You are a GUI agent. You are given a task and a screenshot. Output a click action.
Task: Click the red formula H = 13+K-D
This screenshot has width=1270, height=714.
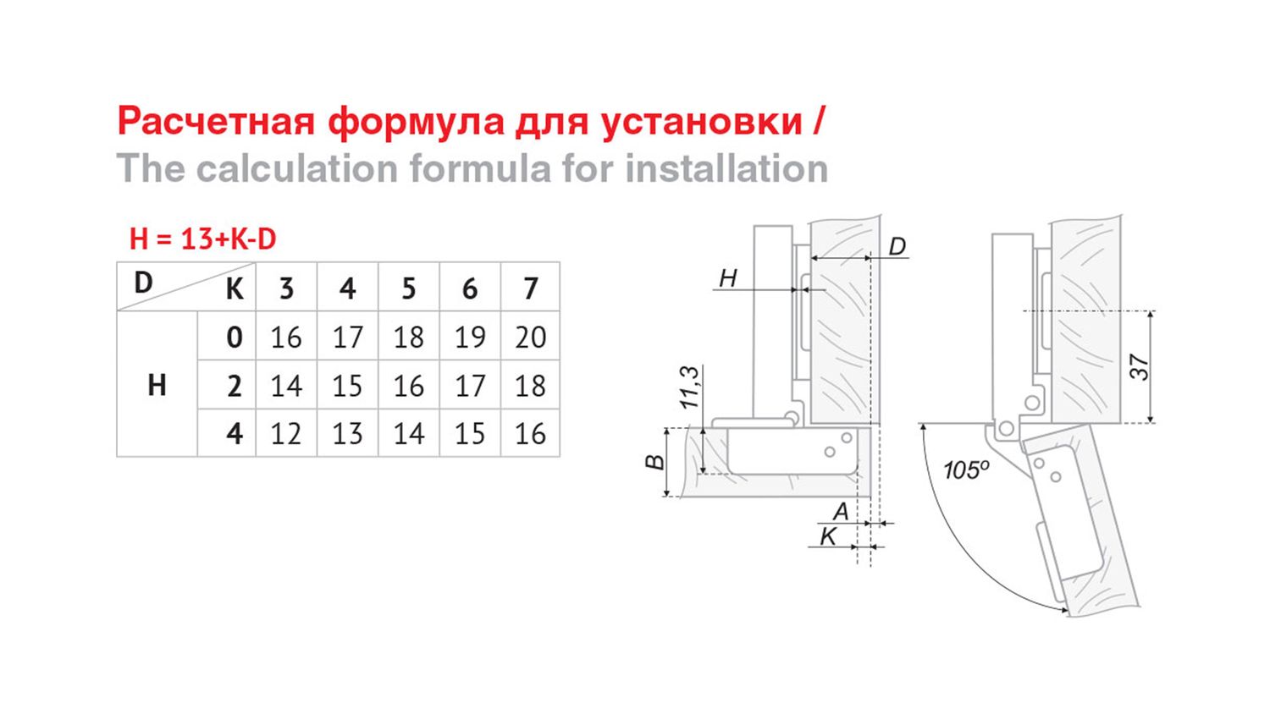(x=202, y=239)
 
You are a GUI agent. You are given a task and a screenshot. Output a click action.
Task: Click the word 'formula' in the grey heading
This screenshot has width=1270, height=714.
(x=480, y=169)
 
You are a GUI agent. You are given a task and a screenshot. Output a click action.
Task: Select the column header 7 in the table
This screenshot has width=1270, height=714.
(x=531, y=288)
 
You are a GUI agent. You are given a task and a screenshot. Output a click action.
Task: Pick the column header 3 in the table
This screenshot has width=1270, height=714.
(x=286, y=288)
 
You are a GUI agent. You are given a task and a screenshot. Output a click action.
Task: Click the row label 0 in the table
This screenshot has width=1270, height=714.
(x=235, y=338)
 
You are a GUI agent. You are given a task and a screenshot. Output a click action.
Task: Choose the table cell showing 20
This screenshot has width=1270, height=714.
(x=531, y=338)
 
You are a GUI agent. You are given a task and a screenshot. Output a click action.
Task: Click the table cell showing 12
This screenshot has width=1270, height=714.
(x=286, y=434)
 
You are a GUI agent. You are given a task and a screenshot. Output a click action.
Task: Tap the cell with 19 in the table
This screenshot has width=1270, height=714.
(x=470, y=338)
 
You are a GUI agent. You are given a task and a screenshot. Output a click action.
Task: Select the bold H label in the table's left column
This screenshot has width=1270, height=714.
(x=157, y=386)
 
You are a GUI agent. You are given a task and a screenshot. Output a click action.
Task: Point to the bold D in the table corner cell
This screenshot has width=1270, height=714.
(x=143, y=283)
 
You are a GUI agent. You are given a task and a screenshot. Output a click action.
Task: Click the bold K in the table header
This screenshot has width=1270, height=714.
(x=235, y=289)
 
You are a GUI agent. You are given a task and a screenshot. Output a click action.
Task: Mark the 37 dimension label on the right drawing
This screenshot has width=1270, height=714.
(x=1139, y=367)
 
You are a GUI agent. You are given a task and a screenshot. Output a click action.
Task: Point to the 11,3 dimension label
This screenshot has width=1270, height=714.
(x=691, y=387)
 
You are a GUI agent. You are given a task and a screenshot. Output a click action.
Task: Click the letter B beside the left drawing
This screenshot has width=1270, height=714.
(x=655, y=462)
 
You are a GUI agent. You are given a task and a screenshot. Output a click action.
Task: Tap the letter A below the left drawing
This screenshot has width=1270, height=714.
(x=840, y=512)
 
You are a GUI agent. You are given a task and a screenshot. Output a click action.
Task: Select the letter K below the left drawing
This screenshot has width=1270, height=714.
(x=828, y=536)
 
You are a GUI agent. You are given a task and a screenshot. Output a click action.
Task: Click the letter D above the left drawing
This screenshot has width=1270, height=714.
(x=897, y=246)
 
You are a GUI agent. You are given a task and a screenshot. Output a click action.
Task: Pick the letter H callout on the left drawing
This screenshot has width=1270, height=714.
(x=728, y=278)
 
